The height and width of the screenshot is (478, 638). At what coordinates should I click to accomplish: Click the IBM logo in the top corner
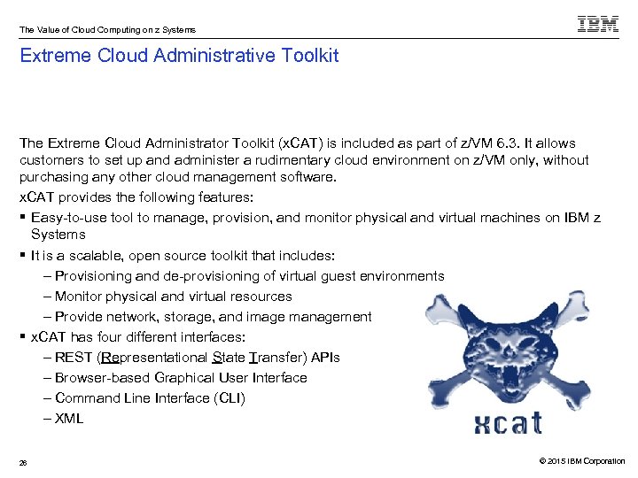(x=598, y=24)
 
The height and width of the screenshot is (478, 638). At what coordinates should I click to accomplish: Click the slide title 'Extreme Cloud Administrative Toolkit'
(x=179, y=57)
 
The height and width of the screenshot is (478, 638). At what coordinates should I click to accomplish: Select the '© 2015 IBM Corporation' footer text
(x=575, y=461)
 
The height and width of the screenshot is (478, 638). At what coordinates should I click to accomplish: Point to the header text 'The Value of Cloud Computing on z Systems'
(x=107, y=30)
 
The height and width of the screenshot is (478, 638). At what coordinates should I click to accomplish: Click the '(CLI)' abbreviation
(x=228, y=398)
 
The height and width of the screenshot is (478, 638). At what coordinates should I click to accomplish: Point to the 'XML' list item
(x=69, y=419)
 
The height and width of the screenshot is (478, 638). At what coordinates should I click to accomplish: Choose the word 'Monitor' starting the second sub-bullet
(x=80, y=297)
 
